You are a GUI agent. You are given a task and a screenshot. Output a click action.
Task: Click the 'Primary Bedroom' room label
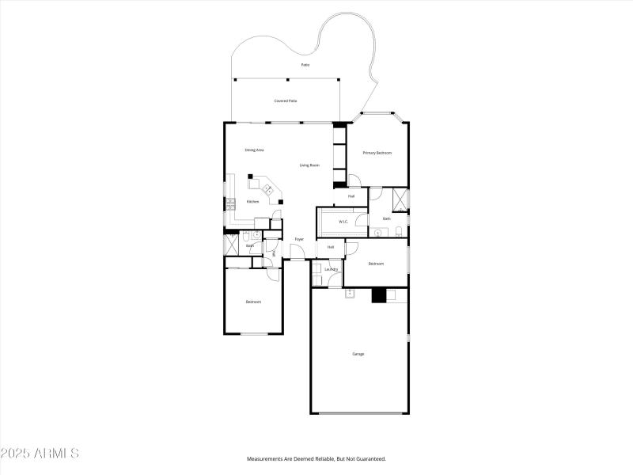tap(377, 153)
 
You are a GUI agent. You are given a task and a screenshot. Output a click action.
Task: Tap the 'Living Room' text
tap(309, 165)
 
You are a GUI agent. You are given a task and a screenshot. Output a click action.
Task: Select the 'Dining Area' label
tap(254, 150)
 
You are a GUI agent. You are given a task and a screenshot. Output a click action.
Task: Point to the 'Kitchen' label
tap(252, 202)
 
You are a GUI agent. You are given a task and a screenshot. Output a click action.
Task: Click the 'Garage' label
tap(358, 354)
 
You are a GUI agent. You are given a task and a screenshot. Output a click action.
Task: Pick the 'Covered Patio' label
tap(286, 101)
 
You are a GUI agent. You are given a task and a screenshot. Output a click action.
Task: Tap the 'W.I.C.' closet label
tap(344, 222)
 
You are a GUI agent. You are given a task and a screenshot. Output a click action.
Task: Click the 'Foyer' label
tap(299, 239)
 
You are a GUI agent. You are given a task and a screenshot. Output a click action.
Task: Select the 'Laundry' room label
tap(332, 269)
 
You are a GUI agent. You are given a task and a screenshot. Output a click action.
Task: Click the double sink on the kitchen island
tap(268, 190)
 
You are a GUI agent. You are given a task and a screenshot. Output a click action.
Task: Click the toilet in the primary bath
tap(399, 231)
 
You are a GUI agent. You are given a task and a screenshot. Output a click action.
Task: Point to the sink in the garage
tap(349, 294)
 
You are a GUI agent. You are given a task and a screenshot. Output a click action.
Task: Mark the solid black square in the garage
tap(378, 295)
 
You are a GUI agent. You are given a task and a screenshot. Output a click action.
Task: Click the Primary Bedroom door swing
tap(354, 180)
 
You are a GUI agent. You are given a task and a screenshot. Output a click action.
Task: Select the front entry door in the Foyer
tap(296, 253)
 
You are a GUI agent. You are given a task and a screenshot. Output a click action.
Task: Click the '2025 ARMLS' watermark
tap(40, 454)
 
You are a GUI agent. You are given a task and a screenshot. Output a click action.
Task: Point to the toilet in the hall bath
tap(247, 237)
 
